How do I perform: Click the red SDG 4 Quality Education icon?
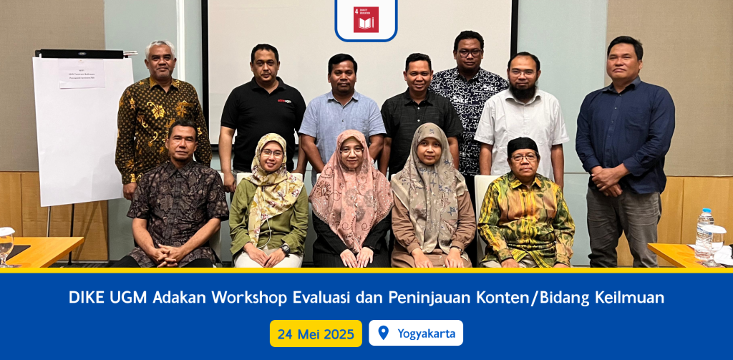[366, 19]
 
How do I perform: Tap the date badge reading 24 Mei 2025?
[316, 334]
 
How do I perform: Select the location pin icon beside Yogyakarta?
[383, 333]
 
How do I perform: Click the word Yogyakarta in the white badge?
[426, 334]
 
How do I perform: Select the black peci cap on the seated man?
[523, 144]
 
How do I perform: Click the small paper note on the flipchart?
[82, 74]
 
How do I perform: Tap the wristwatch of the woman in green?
[285, 248]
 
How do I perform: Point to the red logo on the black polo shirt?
[285, 101]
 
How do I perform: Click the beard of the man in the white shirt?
[523, 91]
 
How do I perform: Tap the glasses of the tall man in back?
[470, 52]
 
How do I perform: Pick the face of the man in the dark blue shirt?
[622, 58]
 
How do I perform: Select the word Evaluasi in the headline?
[323, 298]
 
